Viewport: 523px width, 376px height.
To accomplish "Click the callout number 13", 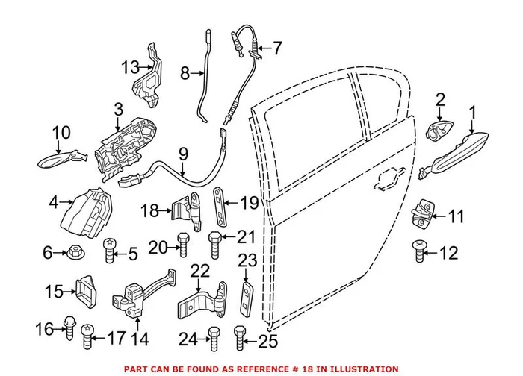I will tap(130, 68).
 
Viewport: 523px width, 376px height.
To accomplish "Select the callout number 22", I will tap(199, 270).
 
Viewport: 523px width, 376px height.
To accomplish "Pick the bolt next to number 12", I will tap(418, 251).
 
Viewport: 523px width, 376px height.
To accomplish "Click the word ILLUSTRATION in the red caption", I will tap(364, 369).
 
